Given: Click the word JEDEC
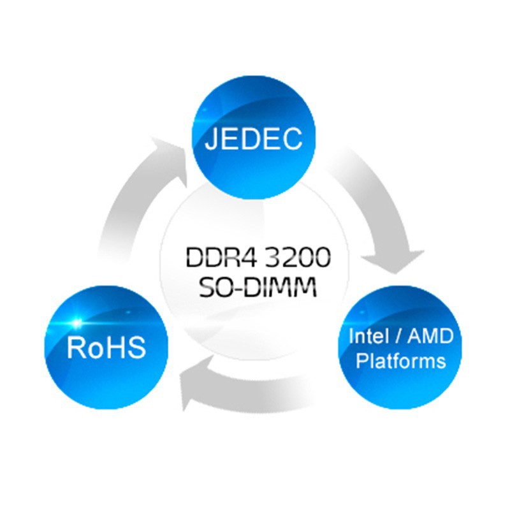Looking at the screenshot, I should pyautogui.click(x=253, y=140).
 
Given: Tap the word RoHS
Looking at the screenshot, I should pyautogui.click(x=106, y=348).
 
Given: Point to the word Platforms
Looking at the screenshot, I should pyautogui.click(x=400, y=361).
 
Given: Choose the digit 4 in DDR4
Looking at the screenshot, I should pyautogui.click(x=238, y=258).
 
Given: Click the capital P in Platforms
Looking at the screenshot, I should pyautogui.click(x=363, y=361).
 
